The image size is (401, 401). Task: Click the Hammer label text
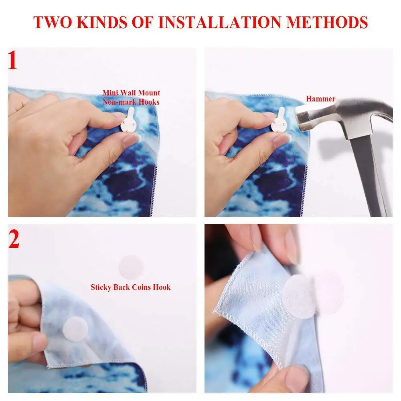tap(321, 99)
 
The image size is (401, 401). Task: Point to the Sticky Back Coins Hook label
tap(131, 287)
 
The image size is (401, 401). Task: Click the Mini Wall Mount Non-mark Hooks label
tap(132, 97)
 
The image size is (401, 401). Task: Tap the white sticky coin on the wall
tap(132, 266)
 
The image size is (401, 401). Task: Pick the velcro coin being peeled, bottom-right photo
tap(301, 297)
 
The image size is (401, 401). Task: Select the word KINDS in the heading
tap(104, 22)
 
